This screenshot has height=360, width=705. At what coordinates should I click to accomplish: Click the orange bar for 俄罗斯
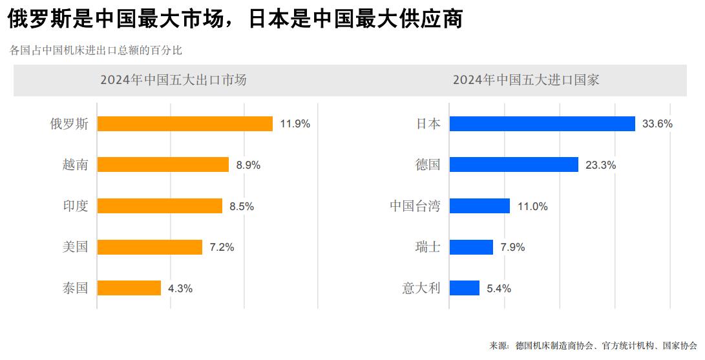(185, 123)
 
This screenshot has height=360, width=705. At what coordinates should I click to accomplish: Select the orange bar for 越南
(163, 165)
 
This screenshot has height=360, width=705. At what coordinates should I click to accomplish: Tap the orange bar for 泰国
(129, 288)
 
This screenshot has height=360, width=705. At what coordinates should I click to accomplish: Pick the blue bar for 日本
(542, 123)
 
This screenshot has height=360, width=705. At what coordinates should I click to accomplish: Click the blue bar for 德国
(514, 165)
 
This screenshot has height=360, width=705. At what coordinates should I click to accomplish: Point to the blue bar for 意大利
(465, 288)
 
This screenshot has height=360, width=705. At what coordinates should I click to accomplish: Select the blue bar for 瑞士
(471, 247)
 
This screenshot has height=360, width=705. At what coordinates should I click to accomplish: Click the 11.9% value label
(295, 123)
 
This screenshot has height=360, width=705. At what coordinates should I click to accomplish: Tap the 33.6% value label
(657, 123)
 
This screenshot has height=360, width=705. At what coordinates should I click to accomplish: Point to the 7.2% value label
(222, 247)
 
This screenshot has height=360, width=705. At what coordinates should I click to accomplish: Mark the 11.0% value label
(532, 206)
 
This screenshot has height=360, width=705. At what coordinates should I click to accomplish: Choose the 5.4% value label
(498, 288)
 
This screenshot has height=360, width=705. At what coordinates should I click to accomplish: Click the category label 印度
(75, 206)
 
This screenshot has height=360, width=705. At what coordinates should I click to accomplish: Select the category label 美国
(75, 247)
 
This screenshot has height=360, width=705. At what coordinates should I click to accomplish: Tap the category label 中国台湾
(415, 206)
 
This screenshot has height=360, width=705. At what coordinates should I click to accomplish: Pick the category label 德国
(428, 165)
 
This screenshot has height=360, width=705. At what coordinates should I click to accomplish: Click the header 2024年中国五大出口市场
(173, 80)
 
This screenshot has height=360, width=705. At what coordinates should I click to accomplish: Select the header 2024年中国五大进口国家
(526, 80)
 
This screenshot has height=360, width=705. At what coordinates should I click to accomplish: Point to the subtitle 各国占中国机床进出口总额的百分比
(100, 50)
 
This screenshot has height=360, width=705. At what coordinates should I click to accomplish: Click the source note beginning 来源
(593, 345)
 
